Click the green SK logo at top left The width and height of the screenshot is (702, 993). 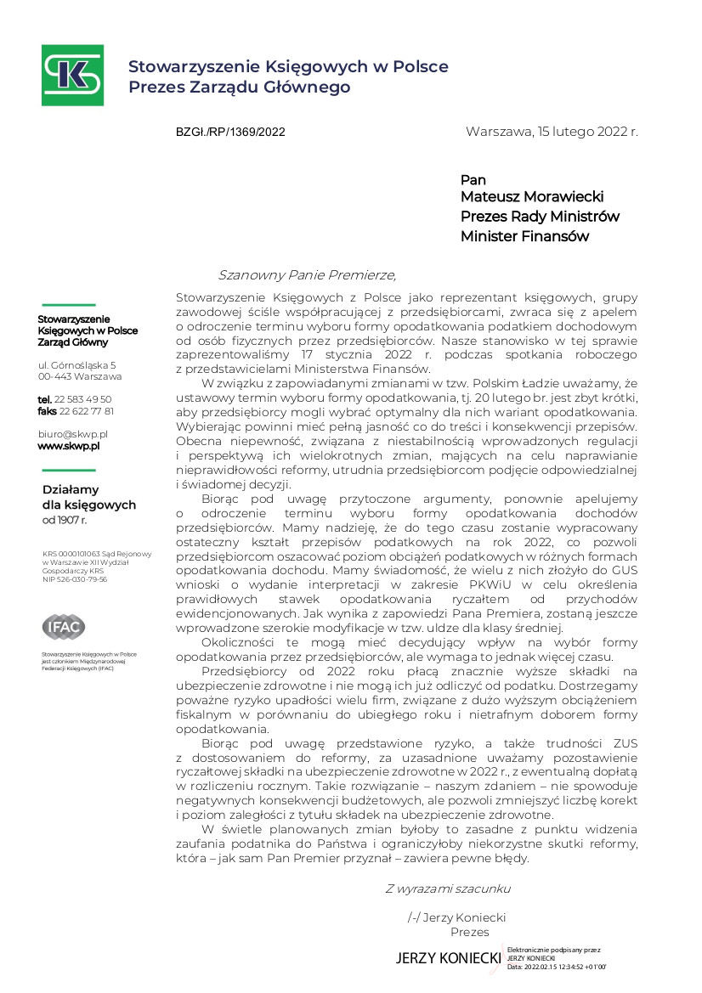(x=73, y=75)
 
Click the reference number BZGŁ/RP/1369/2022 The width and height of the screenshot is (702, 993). (x=230, y=133)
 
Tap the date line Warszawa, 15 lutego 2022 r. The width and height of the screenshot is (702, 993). (x=552, y=132)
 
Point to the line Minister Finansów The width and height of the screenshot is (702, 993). (x=524, y=237)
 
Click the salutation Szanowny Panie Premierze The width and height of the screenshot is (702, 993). (x=307, y=274)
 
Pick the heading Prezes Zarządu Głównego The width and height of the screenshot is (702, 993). (x=239, y=87)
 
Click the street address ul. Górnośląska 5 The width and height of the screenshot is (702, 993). (x=76, y=364)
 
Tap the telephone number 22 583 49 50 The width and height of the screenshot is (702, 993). (x=82, y=399)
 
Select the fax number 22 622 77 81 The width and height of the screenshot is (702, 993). (x=86, y=411)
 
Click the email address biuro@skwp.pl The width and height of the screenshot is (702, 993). (x=72, y=433)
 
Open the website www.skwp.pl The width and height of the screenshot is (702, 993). (x=69, y=445)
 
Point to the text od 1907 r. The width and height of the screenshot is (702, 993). (x=65, y=519)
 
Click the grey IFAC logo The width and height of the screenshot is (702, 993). (x=64, y=627)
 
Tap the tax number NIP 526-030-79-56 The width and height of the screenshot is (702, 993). (x=75, y=579)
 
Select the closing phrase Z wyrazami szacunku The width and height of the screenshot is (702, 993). (x=448, y=889)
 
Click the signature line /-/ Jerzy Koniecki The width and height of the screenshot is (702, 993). (x=457, y=917)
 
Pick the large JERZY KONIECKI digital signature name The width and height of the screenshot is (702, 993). (x=448, y=958)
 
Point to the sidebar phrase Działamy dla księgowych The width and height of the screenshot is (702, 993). (x=88, y=497)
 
